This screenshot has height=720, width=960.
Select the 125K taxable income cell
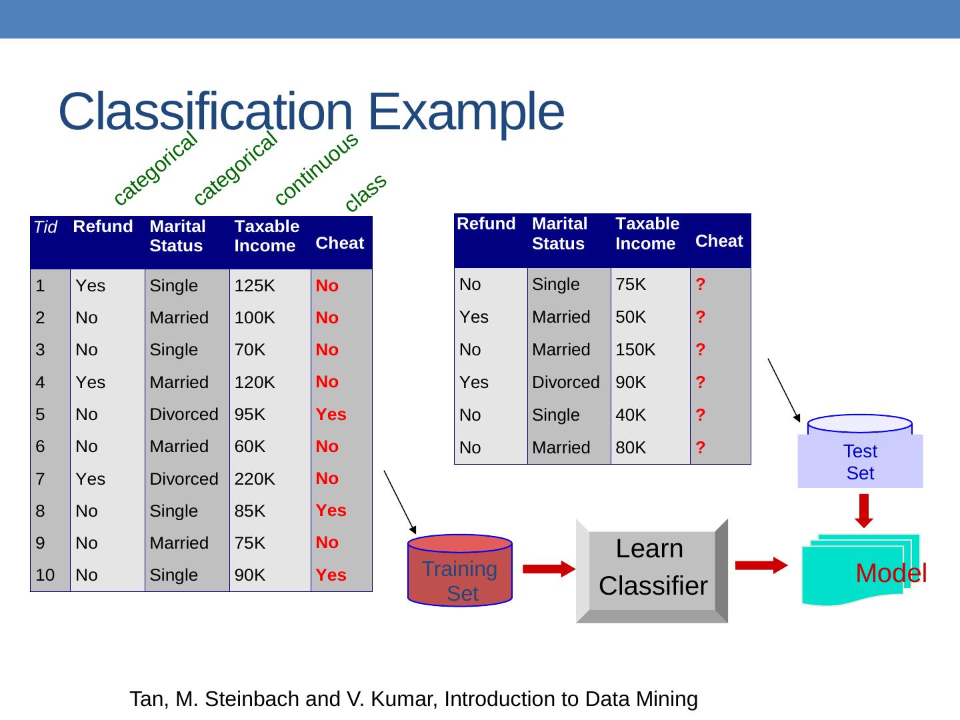[x=255, y=286]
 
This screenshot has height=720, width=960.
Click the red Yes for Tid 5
[x=331, y=414]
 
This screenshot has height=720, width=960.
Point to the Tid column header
[x=45, y=227]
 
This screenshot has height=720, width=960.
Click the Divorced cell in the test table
[x=565, y=382]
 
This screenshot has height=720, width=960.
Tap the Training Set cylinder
[x=460, y=571]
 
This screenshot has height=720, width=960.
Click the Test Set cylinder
[x=860, y=453]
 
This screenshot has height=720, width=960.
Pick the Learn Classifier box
[x=652, y=570]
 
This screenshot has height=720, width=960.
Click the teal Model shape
[x=860, y=570]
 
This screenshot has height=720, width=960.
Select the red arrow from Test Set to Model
[x=864, y=510]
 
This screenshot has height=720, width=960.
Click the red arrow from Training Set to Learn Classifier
[x=549, y=569]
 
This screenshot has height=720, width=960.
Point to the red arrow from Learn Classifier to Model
[x=761, y=565]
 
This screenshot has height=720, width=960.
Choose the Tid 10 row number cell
[x=45, y=575]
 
